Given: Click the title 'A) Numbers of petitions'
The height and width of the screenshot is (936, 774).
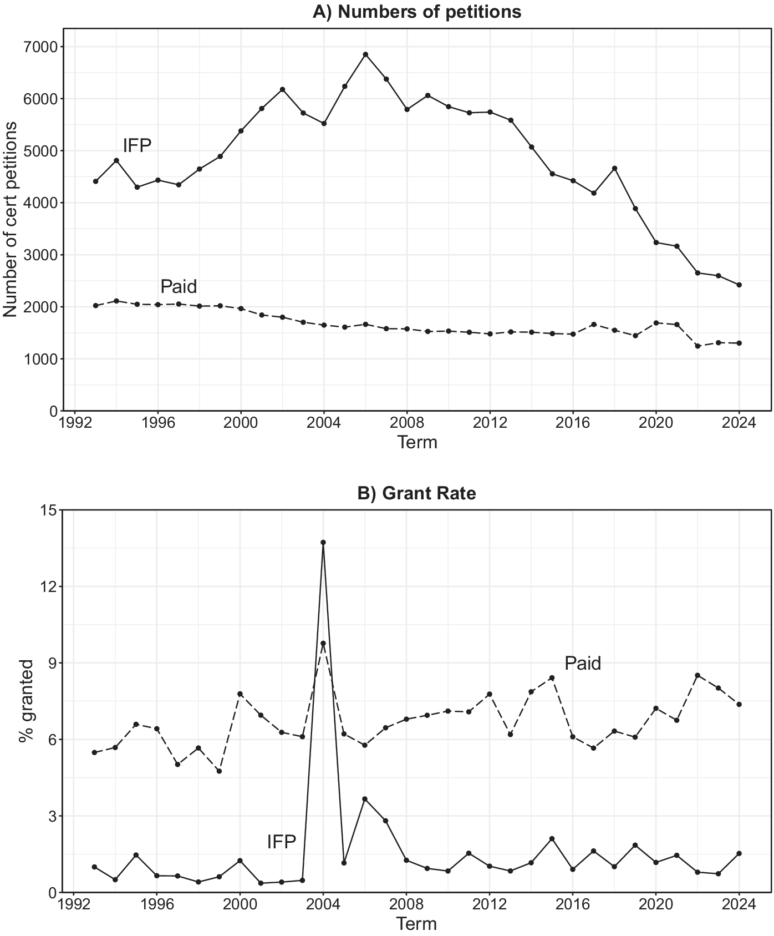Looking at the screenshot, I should pyautogui.click(x=417, y=12).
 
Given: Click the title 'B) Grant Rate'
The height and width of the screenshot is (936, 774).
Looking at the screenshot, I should pyautogui.click(x=417, y=493).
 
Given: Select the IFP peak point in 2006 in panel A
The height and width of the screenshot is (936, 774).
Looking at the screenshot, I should pyautogui.click(x=365, y=54).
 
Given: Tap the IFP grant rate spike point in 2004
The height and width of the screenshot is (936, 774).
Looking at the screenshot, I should pyautogui.click(x=323, y=543).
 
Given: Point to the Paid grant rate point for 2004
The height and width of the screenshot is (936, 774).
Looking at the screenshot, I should pyautogui.click(x=323, y=644).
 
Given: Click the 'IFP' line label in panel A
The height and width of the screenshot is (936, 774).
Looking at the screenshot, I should pyautogui.click(x=137, y=146).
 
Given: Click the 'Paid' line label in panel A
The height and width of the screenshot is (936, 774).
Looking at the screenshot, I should pyautogui.click(x=179, y=287).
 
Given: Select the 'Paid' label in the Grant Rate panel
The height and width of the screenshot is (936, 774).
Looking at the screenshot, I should pyautogui.click(x=583, y=664).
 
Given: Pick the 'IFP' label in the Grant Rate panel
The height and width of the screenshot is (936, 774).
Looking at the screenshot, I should pyautogui.click(x=281, y=842).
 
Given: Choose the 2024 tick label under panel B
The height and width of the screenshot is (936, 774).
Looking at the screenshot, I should pyautogui.click(x=739, y=906).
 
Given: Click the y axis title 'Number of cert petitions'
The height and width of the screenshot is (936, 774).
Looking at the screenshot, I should pyautogui.click(x=11, y=220).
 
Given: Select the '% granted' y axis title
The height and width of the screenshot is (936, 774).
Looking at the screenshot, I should pyautogui.click(x=26, y=701).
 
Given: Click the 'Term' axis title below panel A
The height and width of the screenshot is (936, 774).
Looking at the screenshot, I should pyautogui.click(x=417, y=443).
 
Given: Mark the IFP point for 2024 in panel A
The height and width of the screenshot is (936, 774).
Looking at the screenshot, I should pyautogui.click(x=739, y=285).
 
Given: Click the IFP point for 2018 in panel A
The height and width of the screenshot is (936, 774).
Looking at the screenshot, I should pyautogui.click(x=614, y=168).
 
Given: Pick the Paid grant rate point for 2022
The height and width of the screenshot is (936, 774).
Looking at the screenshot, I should pyautogui.click(x=697, y=675).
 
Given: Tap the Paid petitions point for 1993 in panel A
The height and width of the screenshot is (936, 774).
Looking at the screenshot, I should pyautogui.click(x=95, y=306).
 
